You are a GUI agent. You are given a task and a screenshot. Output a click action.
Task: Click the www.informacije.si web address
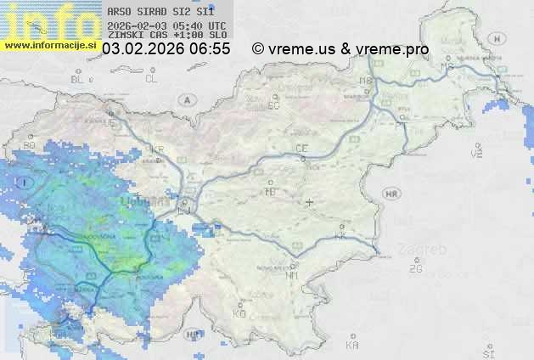(49, 45)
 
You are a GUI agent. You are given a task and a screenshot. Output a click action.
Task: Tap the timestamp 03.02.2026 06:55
(166, 49)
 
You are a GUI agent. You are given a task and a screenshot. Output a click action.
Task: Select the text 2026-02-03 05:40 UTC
(167, 25)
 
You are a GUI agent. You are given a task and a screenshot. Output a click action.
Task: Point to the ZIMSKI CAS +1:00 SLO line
(167, 36)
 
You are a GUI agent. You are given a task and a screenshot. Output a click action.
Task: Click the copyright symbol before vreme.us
(258, 49)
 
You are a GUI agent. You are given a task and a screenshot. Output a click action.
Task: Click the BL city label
(77, 79)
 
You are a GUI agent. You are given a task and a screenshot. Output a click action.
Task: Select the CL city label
(151, 79)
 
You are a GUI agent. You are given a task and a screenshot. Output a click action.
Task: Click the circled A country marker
(186, 99)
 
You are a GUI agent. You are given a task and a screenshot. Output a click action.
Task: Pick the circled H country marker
(476, 150)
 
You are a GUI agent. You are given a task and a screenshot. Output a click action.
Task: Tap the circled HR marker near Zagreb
(391, 194)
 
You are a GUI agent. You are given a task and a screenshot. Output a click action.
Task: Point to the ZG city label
(415, 269)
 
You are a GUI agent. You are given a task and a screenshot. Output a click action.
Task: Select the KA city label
(352, 345)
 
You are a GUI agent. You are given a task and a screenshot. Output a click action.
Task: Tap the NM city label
(292, 275)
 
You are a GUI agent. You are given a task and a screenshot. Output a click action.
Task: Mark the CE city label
(301, 149)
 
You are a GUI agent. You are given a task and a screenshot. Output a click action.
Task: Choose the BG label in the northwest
(30, 145)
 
